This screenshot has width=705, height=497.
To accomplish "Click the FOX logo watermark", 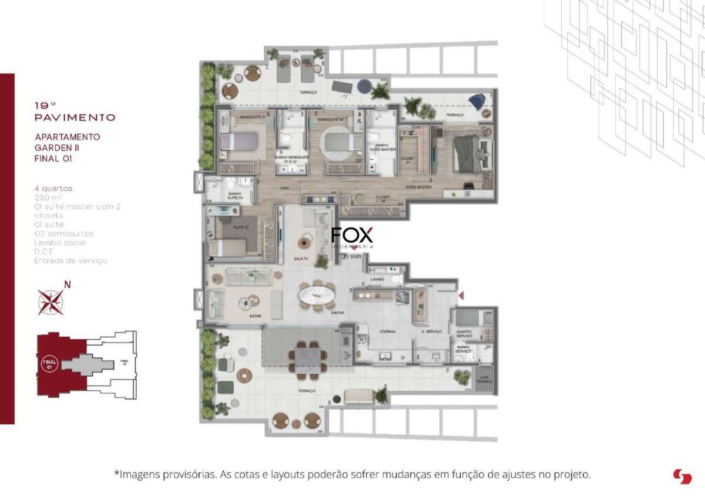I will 352,235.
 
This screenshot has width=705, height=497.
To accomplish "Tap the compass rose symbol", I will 51,302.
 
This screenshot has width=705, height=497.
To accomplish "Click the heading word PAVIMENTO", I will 75,117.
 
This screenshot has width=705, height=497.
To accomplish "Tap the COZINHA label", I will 387,332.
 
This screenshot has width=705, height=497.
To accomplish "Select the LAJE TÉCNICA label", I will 485,380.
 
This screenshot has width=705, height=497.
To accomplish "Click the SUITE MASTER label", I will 419,187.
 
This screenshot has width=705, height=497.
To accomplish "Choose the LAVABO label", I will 377,279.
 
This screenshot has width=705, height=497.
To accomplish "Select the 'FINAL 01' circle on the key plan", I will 50,364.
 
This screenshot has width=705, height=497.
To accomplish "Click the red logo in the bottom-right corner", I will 683,476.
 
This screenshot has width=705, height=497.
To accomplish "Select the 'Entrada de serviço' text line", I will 70,261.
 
